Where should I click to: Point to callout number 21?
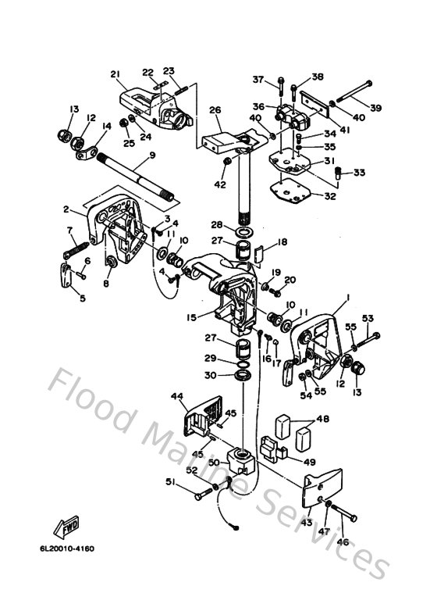click(x=115, y=75)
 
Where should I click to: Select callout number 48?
click(x=322, y=419)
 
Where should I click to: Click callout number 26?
click(x=215, y=110)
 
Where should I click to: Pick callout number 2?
click(x=67, y=209)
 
